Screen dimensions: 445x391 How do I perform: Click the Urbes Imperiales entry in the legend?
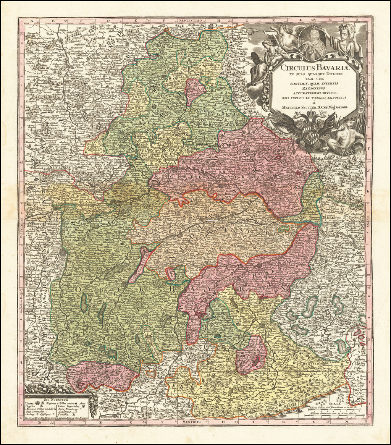(x=72, y=406)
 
